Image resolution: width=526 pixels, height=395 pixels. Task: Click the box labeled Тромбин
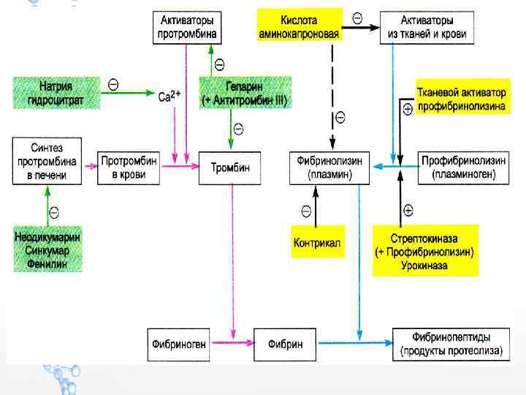(x=230, y=168)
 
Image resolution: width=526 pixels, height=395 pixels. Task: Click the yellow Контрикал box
(x=317, y=242)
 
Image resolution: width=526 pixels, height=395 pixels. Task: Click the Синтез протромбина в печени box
(x=47, y=162)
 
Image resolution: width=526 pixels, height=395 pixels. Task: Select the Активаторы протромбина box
(x=186, y=28)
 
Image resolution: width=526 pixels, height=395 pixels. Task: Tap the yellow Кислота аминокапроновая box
(x=300, y=27)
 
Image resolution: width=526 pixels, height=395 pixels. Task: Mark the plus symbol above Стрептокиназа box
(x=408, y=211)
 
